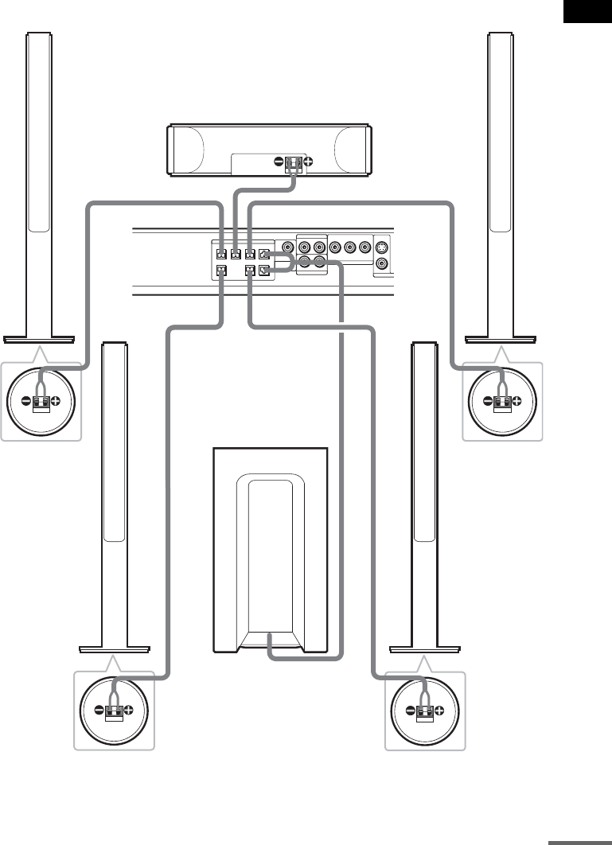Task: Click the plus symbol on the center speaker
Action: coord(308,162)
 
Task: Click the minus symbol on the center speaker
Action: coord(279,162)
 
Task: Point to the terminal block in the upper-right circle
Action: coord(501,403)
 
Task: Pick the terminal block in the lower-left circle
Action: coord(113,711)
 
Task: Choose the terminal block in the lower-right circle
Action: coord(423,711)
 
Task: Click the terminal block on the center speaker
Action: coord(293,163)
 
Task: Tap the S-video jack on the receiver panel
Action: coord(383,247)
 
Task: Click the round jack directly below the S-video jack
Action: coord(383,263)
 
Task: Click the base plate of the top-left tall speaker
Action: coord(39,339)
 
